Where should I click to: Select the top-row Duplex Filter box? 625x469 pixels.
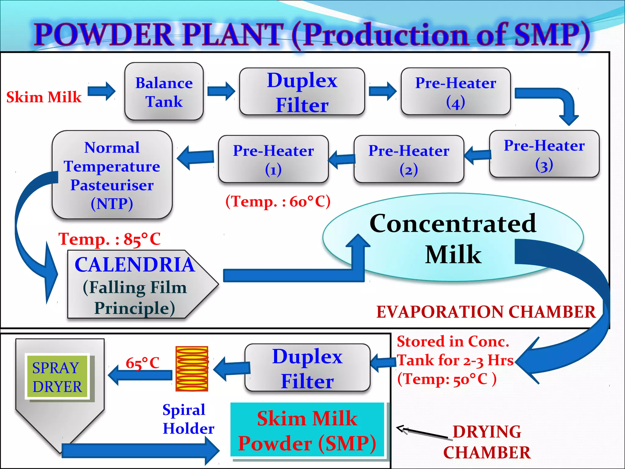tap(302, 92)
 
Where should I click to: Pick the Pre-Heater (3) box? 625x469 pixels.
tap(544, 154)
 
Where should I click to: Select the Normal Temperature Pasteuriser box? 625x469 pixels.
tap(112, 175)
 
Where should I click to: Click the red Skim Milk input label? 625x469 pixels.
tap(44, 97)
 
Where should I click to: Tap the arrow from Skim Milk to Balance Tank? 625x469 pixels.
tap(101, 91)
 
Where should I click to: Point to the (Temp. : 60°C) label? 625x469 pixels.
tap(278, 202)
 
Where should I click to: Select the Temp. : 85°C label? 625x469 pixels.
tap(110, 239)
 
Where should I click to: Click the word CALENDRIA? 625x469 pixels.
tap(135, 264)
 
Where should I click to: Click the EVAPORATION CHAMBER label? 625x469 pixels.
tap(486, 312)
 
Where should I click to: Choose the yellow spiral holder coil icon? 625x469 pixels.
tap(192, 369)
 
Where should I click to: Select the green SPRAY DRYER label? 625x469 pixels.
tap(57, 377)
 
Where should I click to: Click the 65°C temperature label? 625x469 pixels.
tap(143, 363)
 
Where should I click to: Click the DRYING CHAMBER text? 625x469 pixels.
tap(487, 442)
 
